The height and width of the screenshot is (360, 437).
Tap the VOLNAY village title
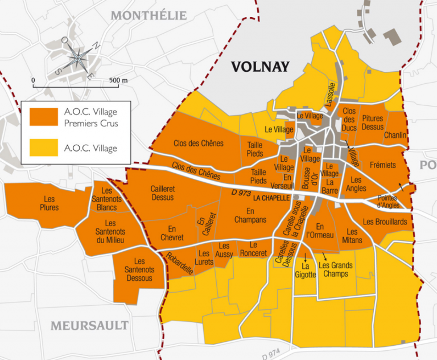pos(260,67)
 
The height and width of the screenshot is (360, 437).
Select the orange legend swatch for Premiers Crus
pos(44,117)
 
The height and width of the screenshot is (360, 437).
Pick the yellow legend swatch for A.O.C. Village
pos(44,148)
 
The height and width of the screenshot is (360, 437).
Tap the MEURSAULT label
pos(89,326)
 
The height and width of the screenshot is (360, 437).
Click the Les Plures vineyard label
pos(50,203)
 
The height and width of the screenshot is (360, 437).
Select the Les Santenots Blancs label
pos(106,199)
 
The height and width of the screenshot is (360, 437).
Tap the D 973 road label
pos(241,194)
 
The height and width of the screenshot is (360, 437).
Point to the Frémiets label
pos(382,165)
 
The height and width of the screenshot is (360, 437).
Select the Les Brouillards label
pos(384,221)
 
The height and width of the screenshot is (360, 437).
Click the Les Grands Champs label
pos(335,269)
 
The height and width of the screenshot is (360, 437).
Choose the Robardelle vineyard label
pos(180,263)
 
